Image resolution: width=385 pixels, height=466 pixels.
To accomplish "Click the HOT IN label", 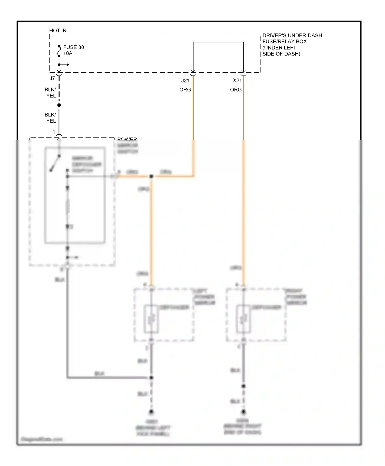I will [x=58, y=31].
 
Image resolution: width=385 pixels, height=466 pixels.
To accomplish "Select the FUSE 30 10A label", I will [x=73, y=50].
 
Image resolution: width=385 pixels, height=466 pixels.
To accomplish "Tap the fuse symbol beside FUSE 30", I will [x=59, y=51].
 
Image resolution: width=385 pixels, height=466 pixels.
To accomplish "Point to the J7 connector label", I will [x=52, y=78].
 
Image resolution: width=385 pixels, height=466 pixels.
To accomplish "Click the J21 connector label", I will [x=185, y=80].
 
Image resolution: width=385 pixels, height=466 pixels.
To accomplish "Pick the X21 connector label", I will [x=237, y=80].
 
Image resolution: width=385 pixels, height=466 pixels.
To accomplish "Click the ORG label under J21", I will [x=185, y=90].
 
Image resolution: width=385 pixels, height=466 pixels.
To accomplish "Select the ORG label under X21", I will [x=236, y=90].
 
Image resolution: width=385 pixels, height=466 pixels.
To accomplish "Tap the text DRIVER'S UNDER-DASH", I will [x=292, y=35].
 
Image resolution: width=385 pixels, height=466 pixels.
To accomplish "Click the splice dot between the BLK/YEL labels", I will [x=59, y=105].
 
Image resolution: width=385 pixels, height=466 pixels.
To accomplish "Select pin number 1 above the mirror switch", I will [x=54, y=132].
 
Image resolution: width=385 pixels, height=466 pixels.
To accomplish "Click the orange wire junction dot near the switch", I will [x=151, y=176].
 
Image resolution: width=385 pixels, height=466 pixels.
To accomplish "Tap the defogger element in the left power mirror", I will [x=151, y=319].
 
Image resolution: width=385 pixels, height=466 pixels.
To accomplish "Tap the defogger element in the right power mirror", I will [x=243, y=319].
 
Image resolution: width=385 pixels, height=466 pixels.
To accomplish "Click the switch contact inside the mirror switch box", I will [x=55, y=163].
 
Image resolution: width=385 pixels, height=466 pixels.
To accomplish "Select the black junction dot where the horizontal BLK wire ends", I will [x=151, y=377].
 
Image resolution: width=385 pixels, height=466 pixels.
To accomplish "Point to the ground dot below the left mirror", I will [x=151, y=412].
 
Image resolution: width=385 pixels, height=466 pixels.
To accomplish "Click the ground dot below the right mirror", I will [x=243, y=412].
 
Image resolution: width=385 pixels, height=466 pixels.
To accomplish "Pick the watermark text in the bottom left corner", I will [x=42, y=439].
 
